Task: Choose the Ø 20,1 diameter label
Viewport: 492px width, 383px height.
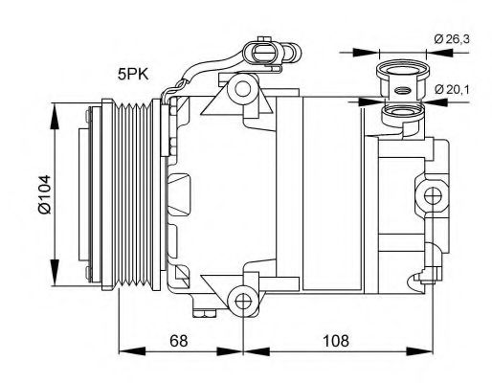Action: [x=455, y=89]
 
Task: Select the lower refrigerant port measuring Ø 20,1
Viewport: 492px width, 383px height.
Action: [x=403, y=117]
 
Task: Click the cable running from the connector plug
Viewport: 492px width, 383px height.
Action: [x=191, y=77]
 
